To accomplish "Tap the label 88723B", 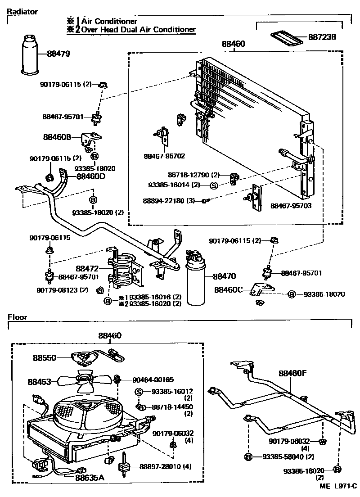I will pyautogui.click(x=322, y=37).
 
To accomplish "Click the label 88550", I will pyautogui.click(x=44, y=358).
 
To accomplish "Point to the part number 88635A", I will pyautogui.click(x=90, y=477).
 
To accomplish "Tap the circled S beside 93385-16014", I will pyautogui.click(x=214, y=185).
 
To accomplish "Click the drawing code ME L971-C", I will pyautogui.click(x=337, y=487).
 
